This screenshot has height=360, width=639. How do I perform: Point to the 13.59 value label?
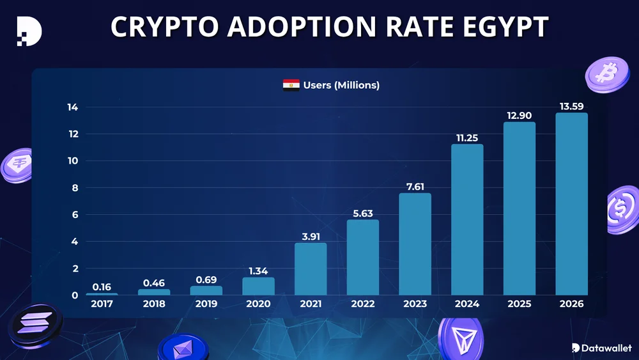click(x=571, y=106)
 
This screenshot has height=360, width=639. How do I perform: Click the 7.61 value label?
click(x=415, y=186)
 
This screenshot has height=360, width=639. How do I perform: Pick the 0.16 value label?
click(x=102, y=286)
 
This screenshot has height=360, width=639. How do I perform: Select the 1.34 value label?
click(x=258, y=271)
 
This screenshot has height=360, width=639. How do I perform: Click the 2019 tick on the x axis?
click(x=206, y=304)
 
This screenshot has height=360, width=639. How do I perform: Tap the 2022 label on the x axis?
click(x=362, y=304)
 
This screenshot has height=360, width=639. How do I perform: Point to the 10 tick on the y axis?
click(x=73, y=161)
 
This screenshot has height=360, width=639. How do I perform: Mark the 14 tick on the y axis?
click(x=73, y=107)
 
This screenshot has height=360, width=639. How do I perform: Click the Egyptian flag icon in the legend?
click(x=291, y=85)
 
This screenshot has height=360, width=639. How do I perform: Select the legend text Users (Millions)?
click(x=341, y=85)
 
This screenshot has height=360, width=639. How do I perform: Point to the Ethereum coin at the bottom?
click(x=183, y=348)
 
